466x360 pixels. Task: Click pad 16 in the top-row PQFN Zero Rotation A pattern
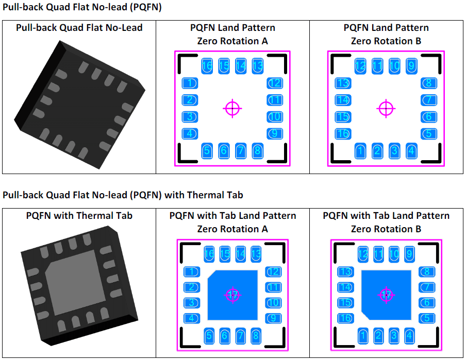click(x=207, y=66)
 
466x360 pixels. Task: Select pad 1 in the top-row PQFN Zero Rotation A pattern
click(x=190, y=83)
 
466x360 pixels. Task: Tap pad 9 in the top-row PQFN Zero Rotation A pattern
click(x=275, y=134)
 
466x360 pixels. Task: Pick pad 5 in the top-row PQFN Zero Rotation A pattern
click(x=207, y=151)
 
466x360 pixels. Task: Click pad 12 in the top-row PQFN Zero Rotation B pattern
click(x=360, y=66)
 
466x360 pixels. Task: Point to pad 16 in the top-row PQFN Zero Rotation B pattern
click(x=343, y=134)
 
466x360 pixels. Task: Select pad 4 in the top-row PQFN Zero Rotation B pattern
click(x=411, y=151)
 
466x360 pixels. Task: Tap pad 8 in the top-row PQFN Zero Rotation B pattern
click(x=428, y=83)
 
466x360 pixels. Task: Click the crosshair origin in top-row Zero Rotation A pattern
click(x=232, y=108)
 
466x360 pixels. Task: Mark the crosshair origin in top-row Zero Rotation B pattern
click(x=386, y=108)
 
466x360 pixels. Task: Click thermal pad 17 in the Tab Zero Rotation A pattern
click(x=232, y=295)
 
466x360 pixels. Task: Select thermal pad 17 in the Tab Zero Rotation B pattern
click(x=386, y=295)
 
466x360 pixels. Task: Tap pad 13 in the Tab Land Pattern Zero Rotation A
click(x=256, y=254)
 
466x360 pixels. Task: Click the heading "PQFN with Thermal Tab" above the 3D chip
click(x=79, y=216)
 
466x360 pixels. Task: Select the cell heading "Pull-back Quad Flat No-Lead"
click(x=79, y=28)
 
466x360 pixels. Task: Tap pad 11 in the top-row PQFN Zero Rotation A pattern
click(x=275, y=100)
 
